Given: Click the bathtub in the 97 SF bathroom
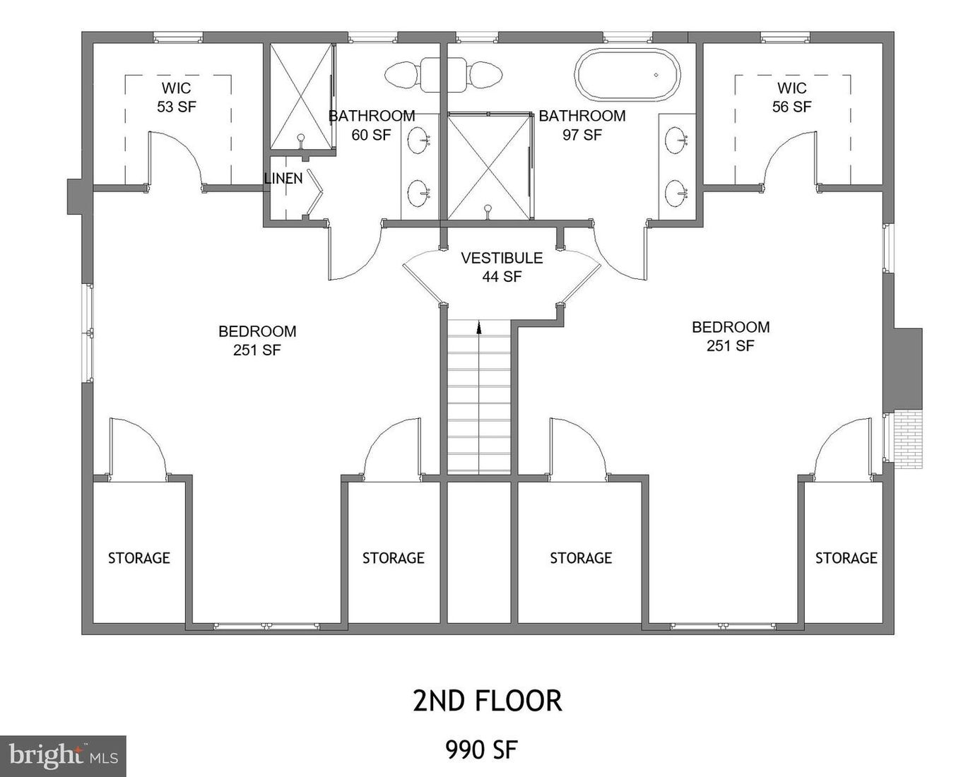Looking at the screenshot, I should click(x=627, y=75).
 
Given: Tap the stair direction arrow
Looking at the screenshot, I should click(x=479, y=327).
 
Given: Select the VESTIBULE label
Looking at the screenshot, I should click(x=502, y=258).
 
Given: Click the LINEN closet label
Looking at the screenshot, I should click(x=283, y=179).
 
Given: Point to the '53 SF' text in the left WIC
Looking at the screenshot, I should click(x=176, y=107).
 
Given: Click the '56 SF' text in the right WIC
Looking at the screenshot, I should click(x=791, y=107).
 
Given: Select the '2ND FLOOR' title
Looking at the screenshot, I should click(x=487, y=701).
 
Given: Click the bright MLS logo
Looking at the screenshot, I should click(x=63, y=757).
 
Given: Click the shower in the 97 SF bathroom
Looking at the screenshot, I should click(x=488, y=166).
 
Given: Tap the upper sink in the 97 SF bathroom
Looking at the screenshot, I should click(x=677, y=139).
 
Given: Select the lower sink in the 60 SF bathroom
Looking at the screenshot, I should click(x=419, y=191).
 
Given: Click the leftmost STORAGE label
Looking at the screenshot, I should click(x=138, y=558).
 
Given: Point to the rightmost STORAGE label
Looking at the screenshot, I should click(x=846, y=558).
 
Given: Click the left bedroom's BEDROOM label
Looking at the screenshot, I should click(x=257, y=331).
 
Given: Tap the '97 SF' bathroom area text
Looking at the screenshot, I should click(x=582, y=134).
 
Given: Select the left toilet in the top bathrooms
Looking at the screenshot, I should click(x=401, y=73).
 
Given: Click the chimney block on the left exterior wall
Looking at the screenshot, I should click(x=75, y=196).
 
